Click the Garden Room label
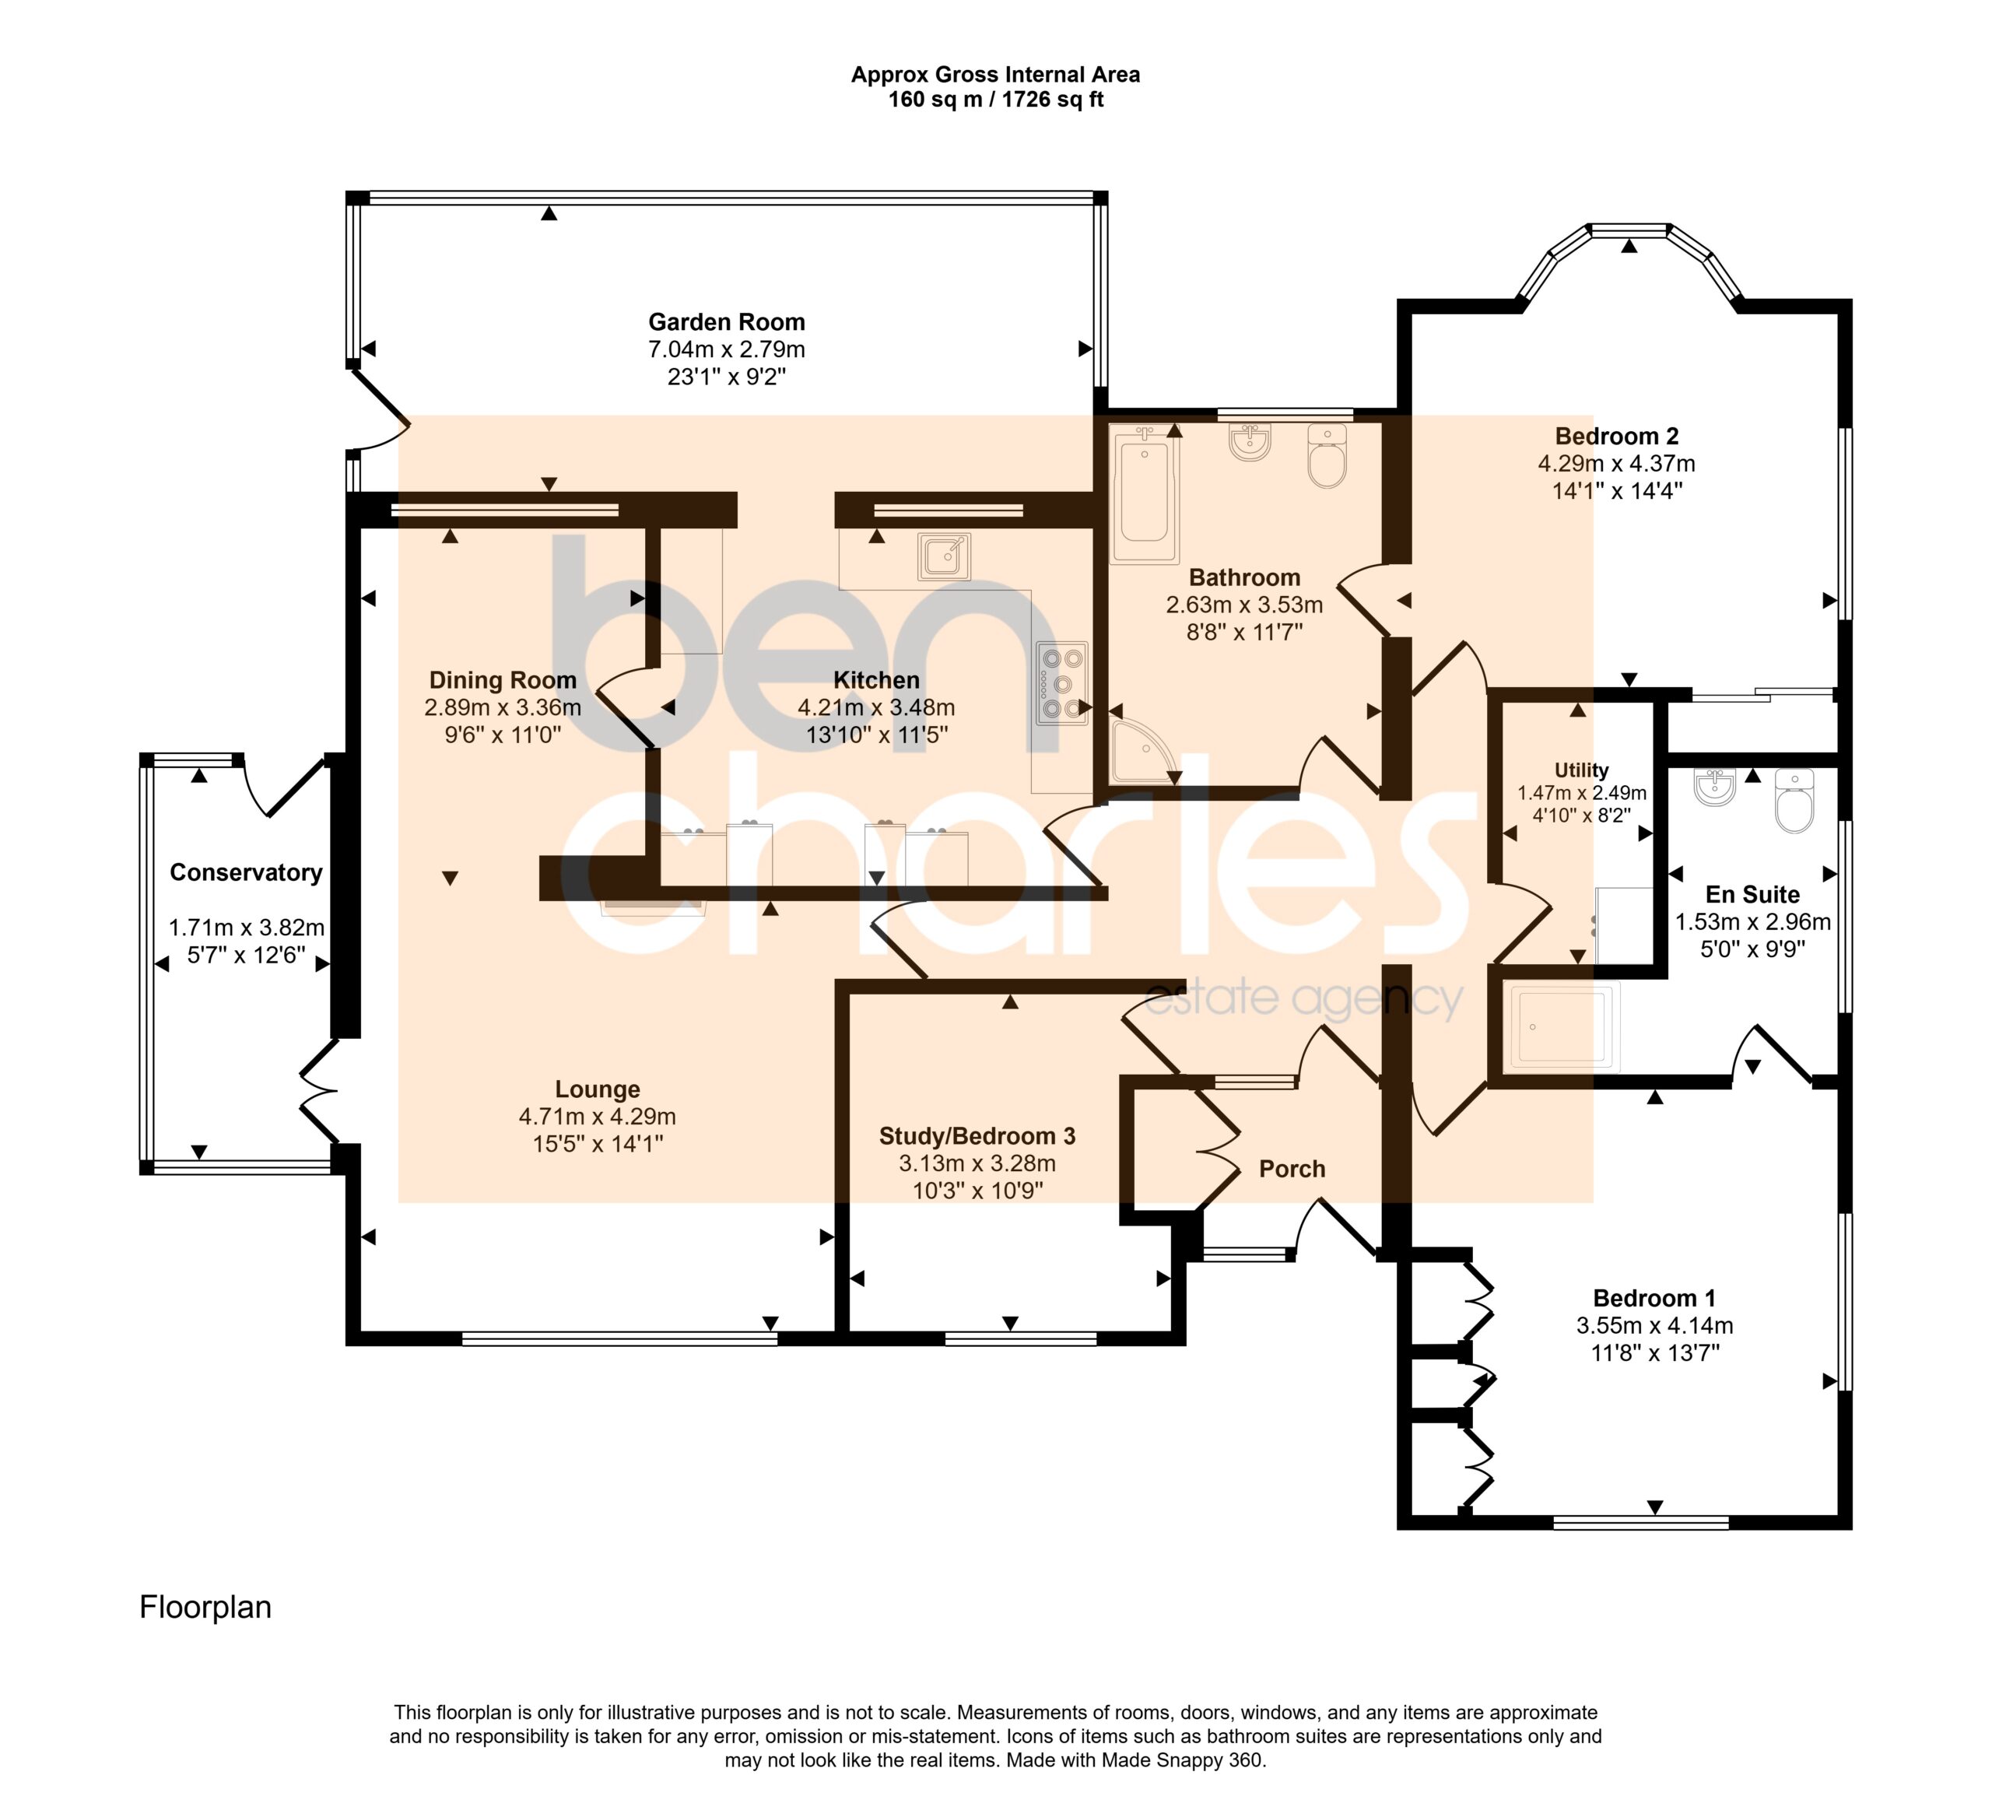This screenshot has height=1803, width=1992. pos(726,322)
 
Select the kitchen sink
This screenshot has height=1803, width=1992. pos(944,556)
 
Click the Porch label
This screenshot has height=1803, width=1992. pos(1292,1169)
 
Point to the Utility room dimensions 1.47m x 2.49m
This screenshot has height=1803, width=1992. pos(1582,792)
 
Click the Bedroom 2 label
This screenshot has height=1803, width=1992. pos(1616,436)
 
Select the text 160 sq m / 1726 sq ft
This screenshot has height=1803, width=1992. pos(995,100)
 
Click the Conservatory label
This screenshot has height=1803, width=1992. pos(246,872)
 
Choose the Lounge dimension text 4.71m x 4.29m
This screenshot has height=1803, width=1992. pos(597,1117)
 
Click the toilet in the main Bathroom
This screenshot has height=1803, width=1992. pos(1327,455)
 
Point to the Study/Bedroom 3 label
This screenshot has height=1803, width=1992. pos(977,1136)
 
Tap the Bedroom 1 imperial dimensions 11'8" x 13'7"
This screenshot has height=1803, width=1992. pos(1655,1352)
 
